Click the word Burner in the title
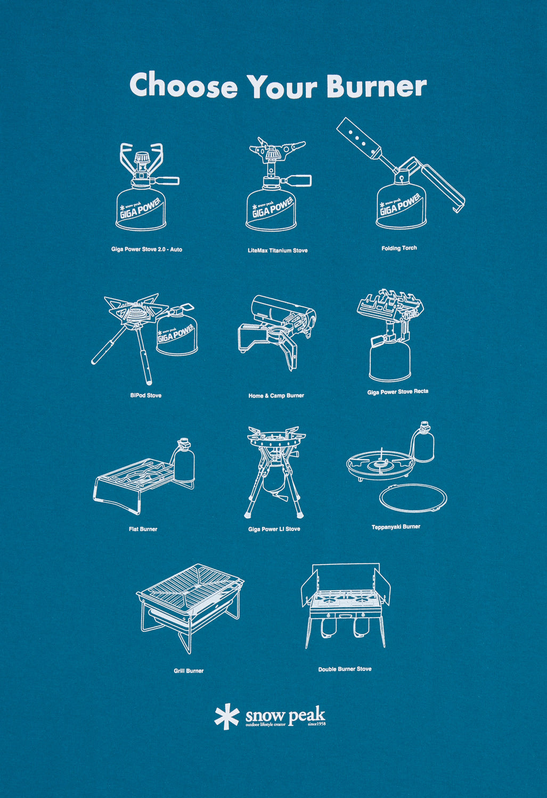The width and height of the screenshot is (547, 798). click(x=376, y=86)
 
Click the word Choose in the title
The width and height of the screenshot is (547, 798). click(x=183, y=86)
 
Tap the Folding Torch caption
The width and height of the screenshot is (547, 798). click(x=399, y=248)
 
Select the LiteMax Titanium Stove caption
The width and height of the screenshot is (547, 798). click(x=277, y=251)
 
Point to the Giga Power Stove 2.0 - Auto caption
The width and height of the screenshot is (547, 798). click(x=146, y=250)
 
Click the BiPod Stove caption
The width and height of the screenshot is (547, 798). click(x=145, y=396)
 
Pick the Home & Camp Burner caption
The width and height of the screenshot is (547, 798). click(x=276, y=396)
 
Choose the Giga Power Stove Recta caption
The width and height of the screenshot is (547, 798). click(x=397, y=392)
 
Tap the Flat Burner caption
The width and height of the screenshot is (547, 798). click(x=143, y=529)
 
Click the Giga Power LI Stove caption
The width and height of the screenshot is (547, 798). click(x=274, y=529)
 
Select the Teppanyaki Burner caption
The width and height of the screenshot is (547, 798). click(x=396, y=527)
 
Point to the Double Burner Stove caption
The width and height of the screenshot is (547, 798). click(x=345, y=669)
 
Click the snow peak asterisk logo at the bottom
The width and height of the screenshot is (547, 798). click(x=226, y=717)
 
